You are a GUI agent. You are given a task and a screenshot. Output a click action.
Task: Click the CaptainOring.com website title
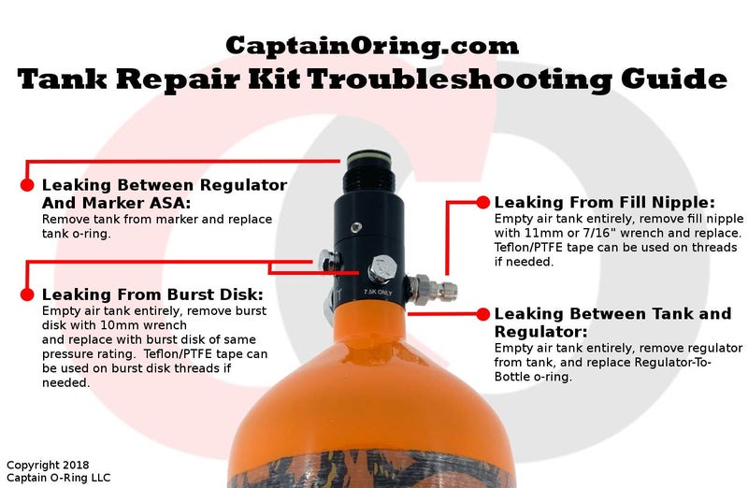[x=372, y=44]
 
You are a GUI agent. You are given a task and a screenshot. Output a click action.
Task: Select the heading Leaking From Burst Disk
[x=152, y=294]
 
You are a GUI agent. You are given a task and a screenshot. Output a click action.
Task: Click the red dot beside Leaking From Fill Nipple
[x=483, y=202]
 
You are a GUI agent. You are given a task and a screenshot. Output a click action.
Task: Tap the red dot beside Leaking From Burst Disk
[x=27, y=294]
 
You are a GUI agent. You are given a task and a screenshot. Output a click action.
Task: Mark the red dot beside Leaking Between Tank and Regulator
[x=482, y=314]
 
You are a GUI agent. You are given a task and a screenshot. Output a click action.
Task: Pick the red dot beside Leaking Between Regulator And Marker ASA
[x=27, y=185]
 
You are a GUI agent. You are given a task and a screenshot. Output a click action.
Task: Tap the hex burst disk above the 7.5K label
[x=381, y=269]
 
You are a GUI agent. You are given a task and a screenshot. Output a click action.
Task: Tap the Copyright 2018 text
[x=46, y=465]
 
